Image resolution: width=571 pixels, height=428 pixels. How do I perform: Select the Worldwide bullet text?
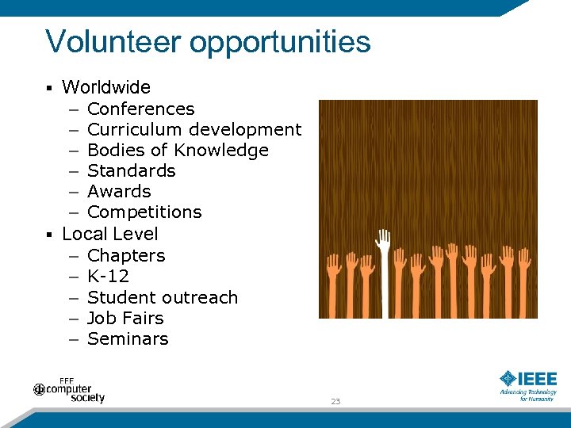click(x=105, y=87)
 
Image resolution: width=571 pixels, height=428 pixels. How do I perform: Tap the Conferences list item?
click(x=140, y=109)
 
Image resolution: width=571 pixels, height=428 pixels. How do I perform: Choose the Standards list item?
click(x=131, y=170)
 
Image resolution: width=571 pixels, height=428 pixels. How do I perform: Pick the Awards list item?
click(x=119, y=191)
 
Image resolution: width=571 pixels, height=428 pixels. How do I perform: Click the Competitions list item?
click(x=144, y=212)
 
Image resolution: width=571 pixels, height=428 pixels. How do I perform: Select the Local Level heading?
click(x=109, y=234)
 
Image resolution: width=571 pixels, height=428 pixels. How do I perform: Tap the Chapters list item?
click(x=126, y=256)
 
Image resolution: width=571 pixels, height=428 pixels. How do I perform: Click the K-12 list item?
click(x=108, y=277)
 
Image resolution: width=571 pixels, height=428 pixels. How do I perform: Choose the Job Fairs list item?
click(x=125, y=318)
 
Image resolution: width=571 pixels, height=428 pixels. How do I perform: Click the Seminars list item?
click(x=128, y=338)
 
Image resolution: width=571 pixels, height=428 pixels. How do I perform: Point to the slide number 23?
click(x=335, y=402)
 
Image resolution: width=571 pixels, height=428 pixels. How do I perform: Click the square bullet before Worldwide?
click(x=49, y=88)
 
